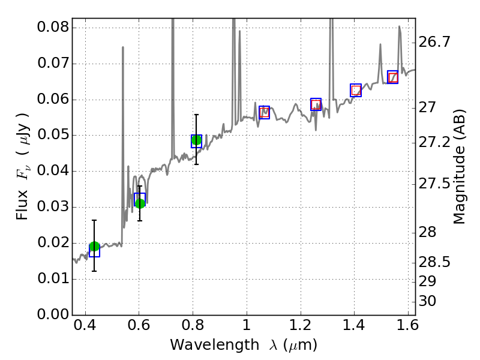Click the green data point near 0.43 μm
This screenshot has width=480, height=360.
pyautogui.click(x=94, y=247)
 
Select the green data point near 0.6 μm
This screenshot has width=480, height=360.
pyautogui.click(x=140, y=203)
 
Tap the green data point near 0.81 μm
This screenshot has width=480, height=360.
pyautogui.click(x=196, y=140)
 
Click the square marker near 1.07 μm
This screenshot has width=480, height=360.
pyautogui.click(x=265, y=112)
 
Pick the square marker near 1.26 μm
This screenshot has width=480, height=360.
pyautogui.click(x=316, y=104)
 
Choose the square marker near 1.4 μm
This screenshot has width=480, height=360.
pyautogui.click(x=356, y=90)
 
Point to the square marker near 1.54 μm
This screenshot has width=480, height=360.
pyautogui.click(x=393, y=77)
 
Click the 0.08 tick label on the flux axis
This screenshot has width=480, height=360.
pyautogui.click(x=53, y=28)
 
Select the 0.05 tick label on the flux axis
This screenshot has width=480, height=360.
pyautogui.click(x=53, y=136)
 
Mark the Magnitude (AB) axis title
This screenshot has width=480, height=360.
pyautogui.click(x=460, y=166)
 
